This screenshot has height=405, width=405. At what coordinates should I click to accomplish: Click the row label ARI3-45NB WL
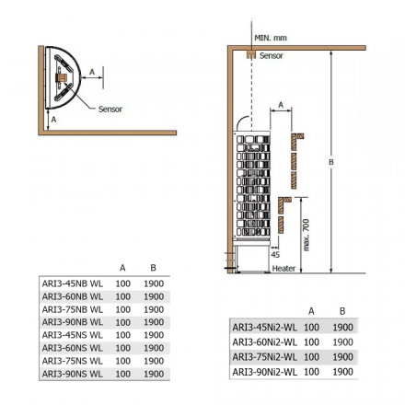[72, 283]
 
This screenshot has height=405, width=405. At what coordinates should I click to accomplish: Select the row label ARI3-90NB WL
[72, 322]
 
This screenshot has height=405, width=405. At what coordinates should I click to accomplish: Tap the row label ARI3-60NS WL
[72, 348]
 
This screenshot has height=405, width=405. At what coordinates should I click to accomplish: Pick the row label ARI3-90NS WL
[72, 374]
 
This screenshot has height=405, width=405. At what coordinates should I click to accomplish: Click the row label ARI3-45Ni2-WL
[263, 327]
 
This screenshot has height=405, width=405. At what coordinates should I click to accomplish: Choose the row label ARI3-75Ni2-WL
[263, 356]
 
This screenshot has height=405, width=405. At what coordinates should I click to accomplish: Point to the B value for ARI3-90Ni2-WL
[342, 371]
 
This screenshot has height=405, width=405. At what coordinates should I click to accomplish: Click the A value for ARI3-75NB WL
[122, 309]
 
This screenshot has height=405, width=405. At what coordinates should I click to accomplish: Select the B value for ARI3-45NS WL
[153, 335]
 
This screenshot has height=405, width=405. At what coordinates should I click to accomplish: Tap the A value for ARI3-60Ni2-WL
[311, 341]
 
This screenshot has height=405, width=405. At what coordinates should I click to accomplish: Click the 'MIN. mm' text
[270, 39]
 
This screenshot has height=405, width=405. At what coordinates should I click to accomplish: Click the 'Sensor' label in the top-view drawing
[110, 109]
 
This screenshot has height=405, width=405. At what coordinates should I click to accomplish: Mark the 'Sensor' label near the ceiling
[272, 56]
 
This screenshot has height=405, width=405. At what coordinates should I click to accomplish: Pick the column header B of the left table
[153, 268]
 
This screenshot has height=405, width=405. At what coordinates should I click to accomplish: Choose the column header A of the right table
[311, 311]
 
